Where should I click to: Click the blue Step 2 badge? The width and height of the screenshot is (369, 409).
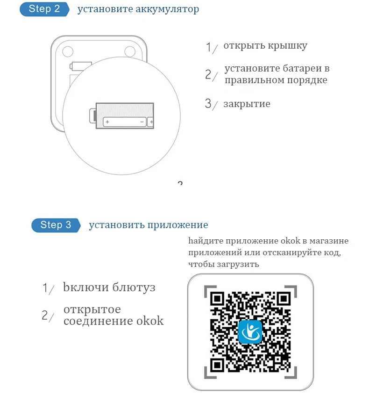click(x=44, y=9)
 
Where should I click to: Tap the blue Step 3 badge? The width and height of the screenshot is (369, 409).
click(x=56, y=225)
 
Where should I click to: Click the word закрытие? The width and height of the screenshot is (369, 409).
click(x=247, y=104)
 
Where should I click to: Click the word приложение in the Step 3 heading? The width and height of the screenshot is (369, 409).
click(x=178, y=225)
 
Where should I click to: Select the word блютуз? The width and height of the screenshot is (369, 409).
click(x=134, y=287)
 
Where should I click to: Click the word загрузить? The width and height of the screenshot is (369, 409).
click(x=238, y=264)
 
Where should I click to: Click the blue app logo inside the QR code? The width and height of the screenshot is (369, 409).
click(x=250, y=331)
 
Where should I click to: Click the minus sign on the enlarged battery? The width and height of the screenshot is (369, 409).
click(x=142, y=122)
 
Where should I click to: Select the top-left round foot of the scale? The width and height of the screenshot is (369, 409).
click(x=68, y=51)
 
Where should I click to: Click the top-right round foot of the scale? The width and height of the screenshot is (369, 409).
click(x=130, y=51)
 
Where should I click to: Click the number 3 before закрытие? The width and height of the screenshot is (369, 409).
click(x=208, y=103)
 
